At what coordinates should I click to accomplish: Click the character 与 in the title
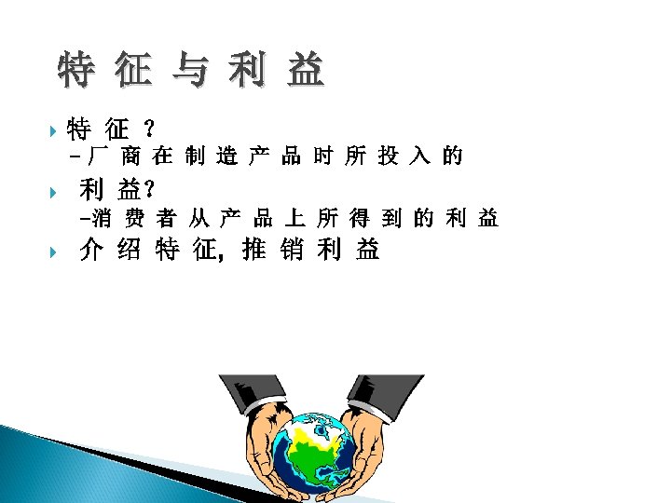pos(191,71)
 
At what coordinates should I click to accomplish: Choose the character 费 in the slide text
pos(134,219)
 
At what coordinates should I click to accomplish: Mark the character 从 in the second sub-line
pos(198,219)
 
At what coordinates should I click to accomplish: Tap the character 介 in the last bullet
pos(90,251)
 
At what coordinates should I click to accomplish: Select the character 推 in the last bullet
pos(253,251)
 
